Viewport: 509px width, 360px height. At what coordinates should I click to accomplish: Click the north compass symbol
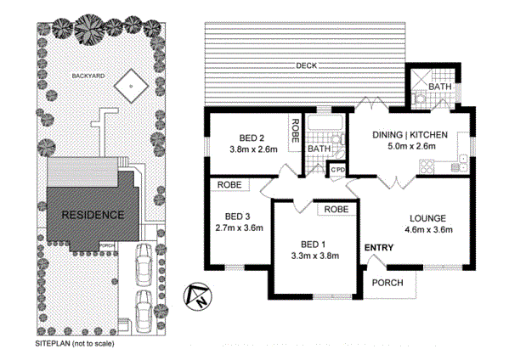click(197, 296)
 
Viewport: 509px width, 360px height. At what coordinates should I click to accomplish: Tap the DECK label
click(307, 66)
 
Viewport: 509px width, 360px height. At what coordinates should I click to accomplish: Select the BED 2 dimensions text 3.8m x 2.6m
click(253, 149)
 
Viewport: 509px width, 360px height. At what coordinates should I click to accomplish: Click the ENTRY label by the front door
click(379, 248)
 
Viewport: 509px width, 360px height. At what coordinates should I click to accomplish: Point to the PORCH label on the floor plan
click(387, 283)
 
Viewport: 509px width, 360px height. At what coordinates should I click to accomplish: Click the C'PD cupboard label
click(337, 170)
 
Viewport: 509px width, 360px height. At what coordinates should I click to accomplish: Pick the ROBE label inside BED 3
click(229, 185)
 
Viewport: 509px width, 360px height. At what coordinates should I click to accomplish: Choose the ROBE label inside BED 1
click(337, 209)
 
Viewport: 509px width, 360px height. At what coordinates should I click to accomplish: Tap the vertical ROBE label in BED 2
click(295, 131)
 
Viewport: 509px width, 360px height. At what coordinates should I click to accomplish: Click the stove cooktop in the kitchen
click(427, 167)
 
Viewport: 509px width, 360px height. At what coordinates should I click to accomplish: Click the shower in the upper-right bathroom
click(421, 80)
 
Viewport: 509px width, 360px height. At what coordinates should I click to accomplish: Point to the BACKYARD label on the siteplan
click(88, 76)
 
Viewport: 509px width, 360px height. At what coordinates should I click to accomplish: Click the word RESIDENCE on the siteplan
click(93, 215)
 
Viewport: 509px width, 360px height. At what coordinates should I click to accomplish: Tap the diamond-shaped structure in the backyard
click(131, 86)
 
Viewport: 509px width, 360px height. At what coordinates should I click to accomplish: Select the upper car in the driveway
click(143, 265)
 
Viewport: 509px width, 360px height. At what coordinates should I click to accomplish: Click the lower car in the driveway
click(143, 312)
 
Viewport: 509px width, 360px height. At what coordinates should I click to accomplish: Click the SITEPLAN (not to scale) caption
click(75, 344)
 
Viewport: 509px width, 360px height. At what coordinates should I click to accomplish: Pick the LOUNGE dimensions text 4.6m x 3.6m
click(428, 230)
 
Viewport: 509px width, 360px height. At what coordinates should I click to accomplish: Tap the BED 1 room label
click(314, 245)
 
